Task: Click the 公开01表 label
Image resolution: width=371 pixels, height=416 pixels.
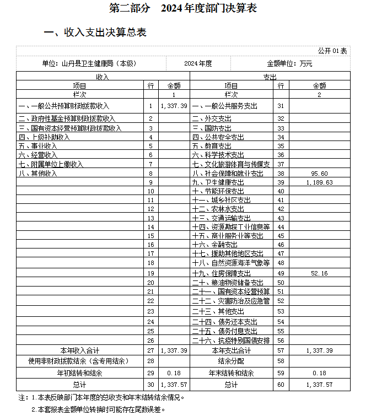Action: [332, 51]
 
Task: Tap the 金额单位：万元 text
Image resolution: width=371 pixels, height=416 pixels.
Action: [289, 64]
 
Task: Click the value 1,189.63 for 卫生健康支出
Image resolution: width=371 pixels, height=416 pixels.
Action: [320, 182]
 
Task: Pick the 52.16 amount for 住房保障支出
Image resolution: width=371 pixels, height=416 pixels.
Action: [320, 273]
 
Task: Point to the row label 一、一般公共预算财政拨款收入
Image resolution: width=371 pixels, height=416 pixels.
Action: [64, 106]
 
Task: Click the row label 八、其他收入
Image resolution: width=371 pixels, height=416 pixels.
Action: [38, 173]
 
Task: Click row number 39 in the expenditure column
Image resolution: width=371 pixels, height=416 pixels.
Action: [281, 182]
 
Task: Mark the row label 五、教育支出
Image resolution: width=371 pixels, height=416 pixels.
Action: [212, 146]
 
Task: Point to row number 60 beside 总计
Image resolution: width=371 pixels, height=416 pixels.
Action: [281, 385]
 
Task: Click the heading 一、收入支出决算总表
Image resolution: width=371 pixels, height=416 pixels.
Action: [95, 33]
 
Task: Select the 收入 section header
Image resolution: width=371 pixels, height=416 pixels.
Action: [102, 77]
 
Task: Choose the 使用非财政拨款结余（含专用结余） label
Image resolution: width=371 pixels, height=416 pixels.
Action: [79, 361]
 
